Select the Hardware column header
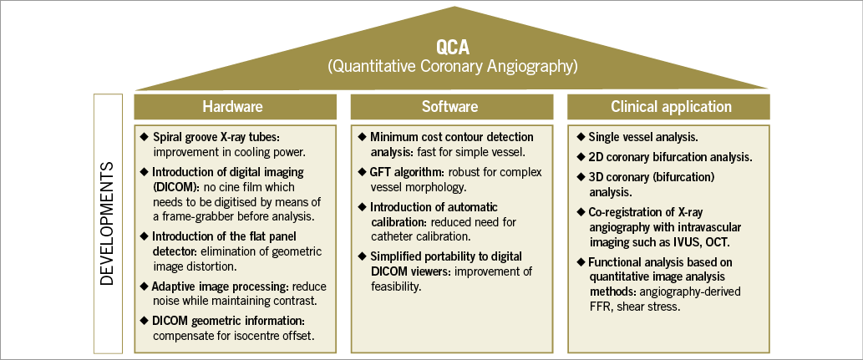232,107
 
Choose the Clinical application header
671,107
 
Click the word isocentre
254,335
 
